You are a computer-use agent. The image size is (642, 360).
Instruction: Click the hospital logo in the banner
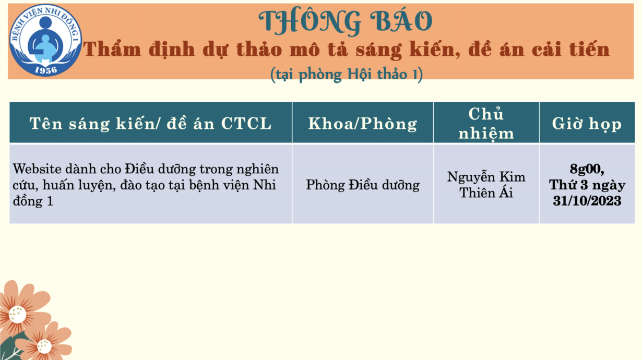[45, 40]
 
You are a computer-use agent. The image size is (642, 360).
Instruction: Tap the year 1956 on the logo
[46, 70]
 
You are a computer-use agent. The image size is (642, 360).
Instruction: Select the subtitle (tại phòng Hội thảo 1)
[347, 74]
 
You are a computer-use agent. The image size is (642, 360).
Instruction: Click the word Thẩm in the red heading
[112, 49]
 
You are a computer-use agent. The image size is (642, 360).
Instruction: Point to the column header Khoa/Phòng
[363, 124]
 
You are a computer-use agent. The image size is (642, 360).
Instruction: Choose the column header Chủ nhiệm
[486, 124]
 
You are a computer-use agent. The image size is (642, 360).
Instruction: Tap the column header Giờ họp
[587, 124]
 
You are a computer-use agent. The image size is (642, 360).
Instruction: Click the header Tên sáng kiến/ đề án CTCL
[150, 124]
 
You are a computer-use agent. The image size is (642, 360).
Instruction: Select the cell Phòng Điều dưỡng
[363, 185]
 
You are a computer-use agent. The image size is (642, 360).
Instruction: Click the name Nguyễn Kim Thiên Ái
[486, 185]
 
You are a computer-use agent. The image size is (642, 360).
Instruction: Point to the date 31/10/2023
[587, 201]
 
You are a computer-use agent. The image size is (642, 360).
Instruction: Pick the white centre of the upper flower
[17, 314]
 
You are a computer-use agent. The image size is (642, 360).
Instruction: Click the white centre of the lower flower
[44, 346]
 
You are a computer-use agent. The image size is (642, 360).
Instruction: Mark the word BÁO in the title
[401, 21]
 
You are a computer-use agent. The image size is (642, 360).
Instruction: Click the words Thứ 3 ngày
[587, 185]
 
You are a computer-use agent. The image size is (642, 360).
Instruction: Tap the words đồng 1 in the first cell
[33, 201]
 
